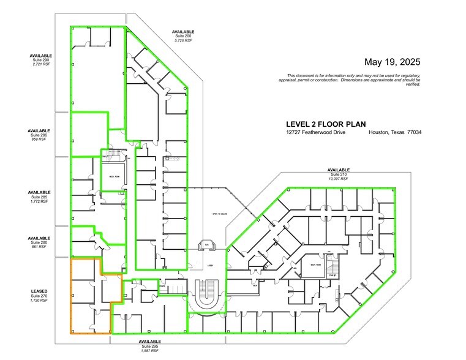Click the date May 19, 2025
tap(392, 62)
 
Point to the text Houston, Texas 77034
tap(395, 133)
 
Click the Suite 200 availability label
tap(183, 36)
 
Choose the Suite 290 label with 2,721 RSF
tap(40, 59)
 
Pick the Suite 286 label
tap(39, 135)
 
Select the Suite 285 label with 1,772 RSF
tap(39, 197)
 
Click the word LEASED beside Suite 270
tap(39, 291)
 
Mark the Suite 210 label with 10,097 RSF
tap(338, 174)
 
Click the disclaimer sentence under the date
tap(349, 80)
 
